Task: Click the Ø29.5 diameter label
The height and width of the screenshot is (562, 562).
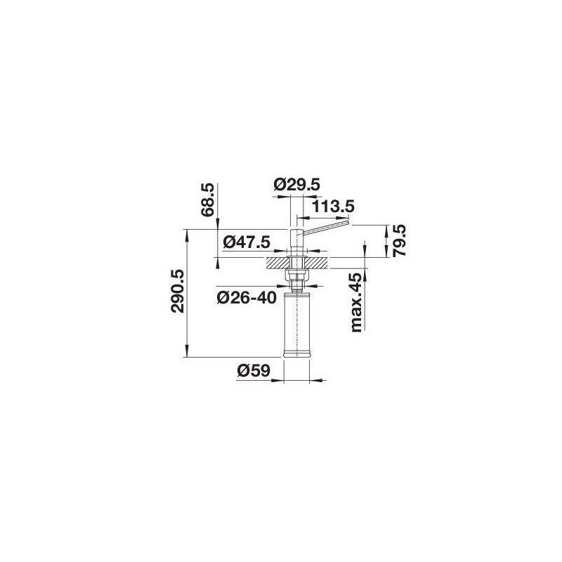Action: click(x=296, y=185)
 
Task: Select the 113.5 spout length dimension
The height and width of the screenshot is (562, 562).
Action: click(x=333, y=207)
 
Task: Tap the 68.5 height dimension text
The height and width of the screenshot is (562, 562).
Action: click(x=208, y=200)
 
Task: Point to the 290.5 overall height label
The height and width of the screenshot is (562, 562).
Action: click(x=178, y=291)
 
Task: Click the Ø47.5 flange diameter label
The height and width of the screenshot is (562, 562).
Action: click(x=247, y=242)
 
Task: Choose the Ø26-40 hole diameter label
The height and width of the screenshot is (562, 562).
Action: click(x=247, y=297)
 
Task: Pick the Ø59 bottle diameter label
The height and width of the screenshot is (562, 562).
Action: click(x=254, y=371)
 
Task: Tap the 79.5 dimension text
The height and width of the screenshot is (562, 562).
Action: click(x=399, y=240)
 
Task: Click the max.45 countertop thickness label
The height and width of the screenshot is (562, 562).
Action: click(x=357, y=303)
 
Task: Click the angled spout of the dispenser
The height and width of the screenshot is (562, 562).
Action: click(x=326, y=228)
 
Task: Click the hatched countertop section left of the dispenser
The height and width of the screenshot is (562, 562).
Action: click(x=277, y=263)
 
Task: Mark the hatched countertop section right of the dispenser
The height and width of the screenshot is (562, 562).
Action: click(x=317, y=263)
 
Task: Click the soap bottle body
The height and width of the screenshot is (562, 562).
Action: click(x=296, y=322)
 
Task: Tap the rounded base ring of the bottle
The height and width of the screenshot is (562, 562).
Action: click(x=296, y=355)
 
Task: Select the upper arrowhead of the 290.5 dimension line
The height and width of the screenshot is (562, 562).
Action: click(x=187, y=234)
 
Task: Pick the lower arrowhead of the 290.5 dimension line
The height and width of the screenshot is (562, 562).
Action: click(x=187, y=352)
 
